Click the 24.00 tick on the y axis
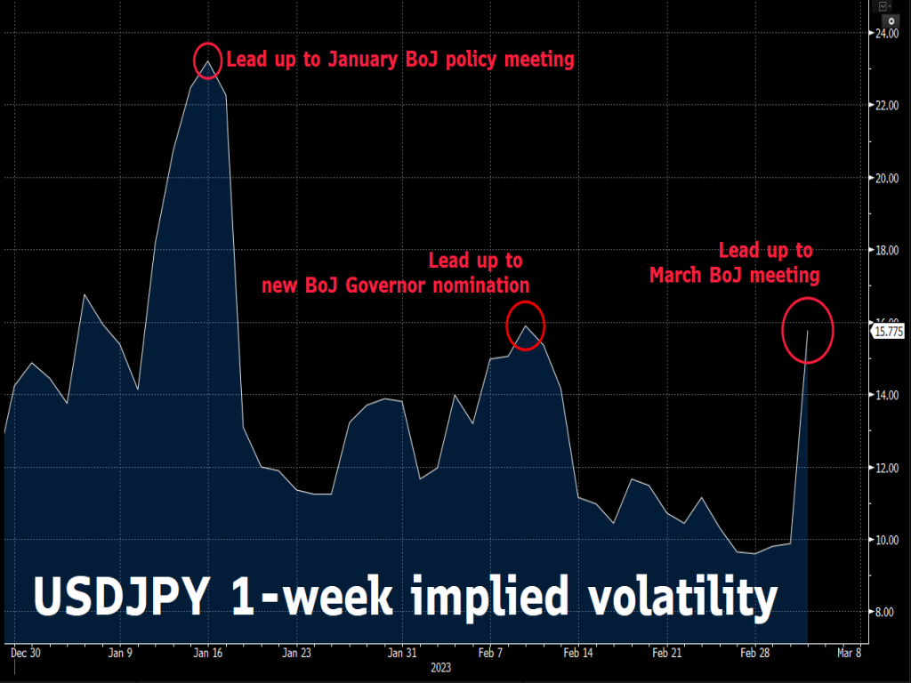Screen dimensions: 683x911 click(x=884, y=33)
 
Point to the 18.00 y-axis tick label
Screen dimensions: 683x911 click(x=884, y=250)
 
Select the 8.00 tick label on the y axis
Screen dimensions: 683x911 click(x=884, y=612)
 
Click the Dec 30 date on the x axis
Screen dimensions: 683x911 click(x=25, y=652)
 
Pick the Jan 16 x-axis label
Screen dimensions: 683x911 click(x=207, y=652)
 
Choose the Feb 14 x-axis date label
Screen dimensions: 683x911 click(x=577, y=652)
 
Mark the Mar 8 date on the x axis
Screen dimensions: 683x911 click(x=847, y=652)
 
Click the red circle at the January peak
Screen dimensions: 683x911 click(x=206, y=60)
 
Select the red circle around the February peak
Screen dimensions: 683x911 click(x=525, y=325)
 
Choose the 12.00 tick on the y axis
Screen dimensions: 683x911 click(x=884, y=468)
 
